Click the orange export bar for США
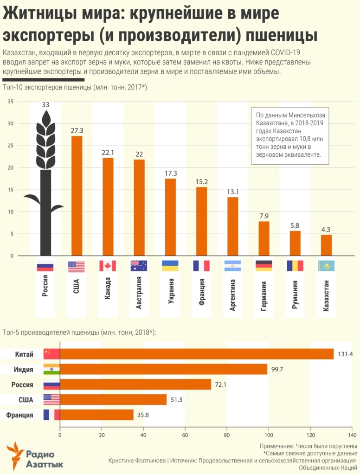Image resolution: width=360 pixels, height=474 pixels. [x=77, y=195]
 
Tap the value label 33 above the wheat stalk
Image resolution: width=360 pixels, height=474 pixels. [x=45, y=105]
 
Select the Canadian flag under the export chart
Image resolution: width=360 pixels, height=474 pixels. [x=108, y=266]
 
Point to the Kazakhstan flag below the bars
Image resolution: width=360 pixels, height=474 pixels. [x=326, y=266]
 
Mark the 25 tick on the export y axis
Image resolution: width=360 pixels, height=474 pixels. [x=11, y=146]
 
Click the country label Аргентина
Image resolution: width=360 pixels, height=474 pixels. [x=232, y=295]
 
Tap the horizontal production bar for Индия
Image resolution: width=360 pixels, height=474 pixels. [x=163, y=369]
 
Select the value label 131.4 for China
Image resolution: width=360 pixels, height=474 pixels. [x=345, y=354]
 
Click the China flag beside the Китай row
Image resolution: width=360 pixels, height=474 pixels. [x=51, y=354]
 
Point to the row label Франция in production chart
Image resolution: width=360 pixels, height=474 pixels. [x=20, y=415]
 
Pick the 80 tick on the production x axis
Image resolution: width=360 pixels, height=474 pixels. [x=227, y=436]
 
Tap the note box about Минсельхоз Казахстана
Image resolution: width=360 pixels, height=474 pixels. [x=290, y=135]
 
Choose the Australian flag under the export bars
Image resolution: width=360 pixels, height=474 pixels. [x=139, y=266]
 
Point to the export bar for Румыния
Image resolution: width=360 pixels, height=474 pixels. [x=295, y=243]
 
